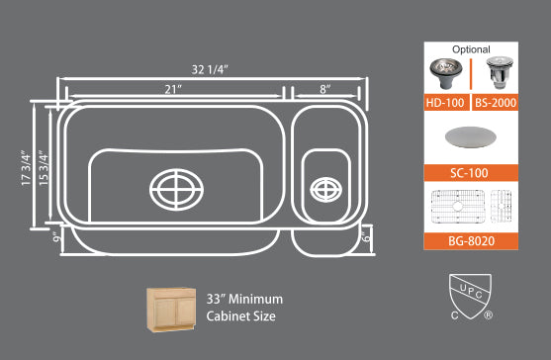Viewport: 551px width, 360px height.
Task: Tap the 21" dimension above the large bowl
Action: tap(174, 89)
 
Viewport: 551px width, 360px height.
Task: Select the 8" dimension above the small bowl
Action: tap(323, 89)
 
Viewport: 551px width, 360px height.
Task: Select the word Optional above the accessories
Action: tap(471, 48)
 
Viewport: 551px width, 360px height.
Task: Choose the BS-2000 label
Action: tap(495, 102)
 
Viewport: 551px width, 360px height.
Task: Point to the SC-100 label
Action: tap(470, 172)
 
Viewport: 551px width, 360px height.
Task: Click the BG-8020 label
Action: tap(470, 241)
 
